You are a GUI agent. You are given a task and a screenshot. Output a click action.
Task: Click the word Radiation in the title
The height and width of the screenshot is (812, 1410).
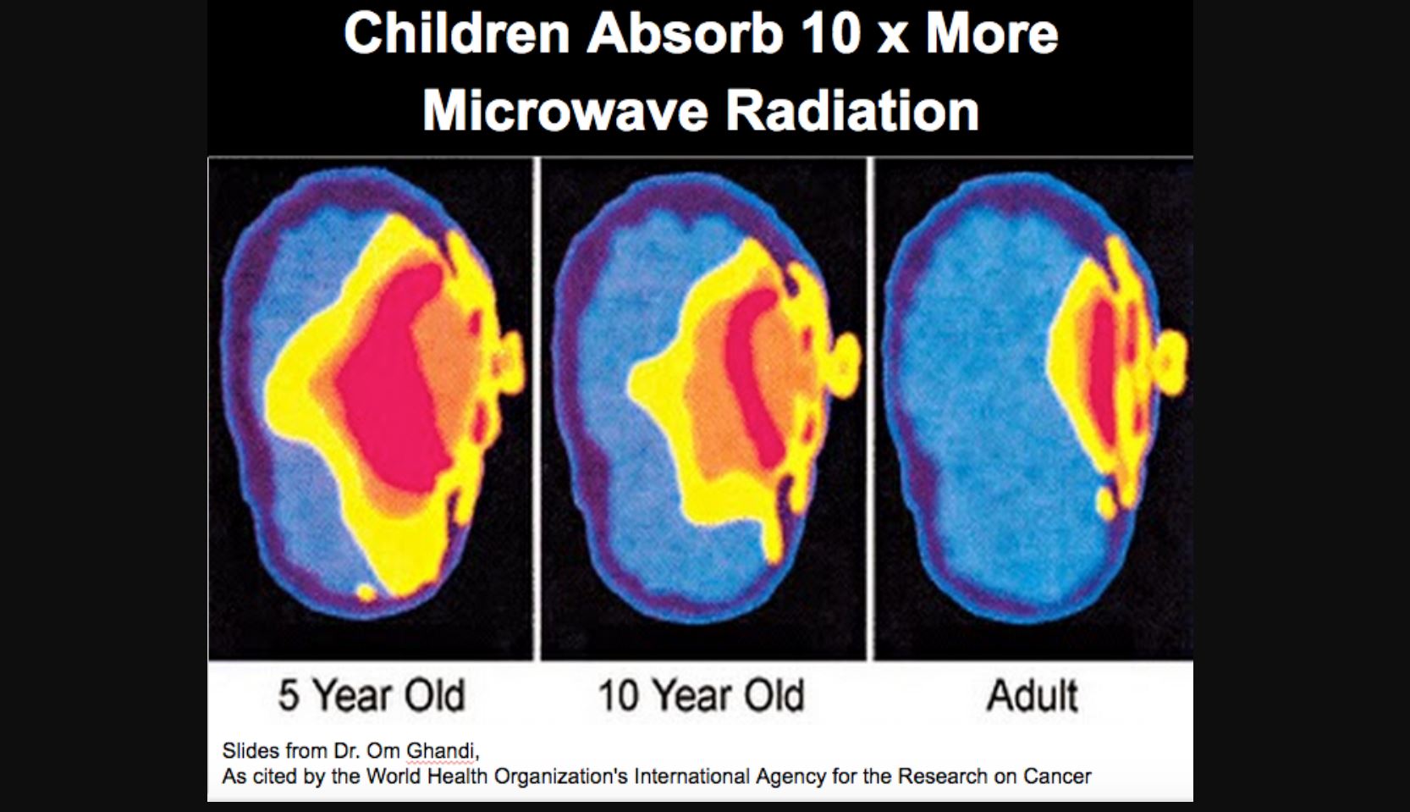852,111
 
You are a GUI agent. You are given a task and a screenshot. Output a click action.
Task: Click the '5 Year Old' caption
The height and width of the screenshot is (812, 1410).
372,695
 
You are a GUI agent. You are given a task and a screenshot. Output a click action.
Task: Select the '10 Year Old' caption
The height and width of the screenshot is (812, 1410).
702,695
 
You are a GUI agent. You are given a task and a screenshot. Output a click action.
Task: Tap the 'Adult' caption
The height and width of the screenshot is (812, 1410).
1033,695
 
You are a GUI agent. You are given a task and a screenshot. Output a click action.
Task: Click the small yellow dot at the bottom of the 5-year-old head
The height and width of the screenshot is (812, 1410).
366,592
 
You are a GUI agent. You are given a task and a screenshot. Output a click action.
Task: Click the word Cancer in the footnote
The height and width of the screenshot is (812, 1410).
1058,776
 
